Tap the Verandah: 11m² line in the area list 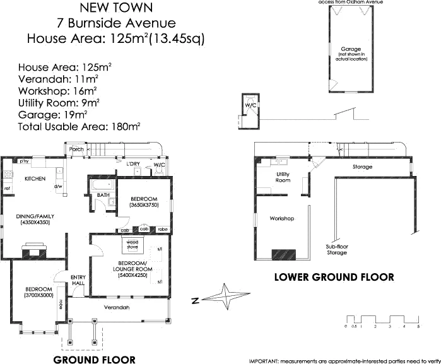pos(58,79)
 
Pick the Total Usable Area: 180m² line pos(79,126)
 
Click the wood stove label pos(132,244)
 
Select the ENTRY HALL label pos(78,279)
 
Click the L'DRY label pos(132,164)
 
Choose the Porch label pos(76,150)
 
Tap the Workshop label pos(282,218)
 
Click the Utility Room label pos(283,177)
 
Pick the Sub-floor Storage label pos(336,249)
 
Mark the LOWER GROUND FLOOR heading pos(334,277)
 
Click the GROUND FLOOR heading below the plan pos(94,360)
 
